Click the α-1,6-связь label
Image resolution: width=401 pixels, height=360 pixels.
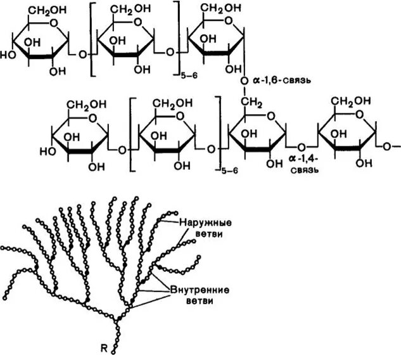point(283,82)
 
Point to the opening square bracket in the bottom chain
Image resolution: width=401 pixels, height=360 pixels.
point(132,133)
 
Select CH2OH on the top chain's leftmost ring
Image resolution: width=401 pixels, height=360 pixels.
point(42,8)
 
